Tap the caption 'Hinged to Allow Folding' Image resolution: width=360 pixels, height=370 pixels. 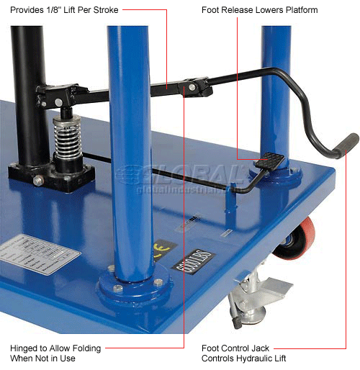click(x=55, y=347)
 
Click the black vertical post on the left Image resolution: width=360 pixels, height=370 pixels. click(x=29, y=94)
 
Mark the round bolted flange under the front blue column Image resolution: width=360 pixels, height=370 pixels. click(x=133, y=289)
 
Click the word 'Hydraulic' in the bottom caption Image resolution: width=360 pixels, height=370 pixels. click(x=276, y=358)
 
